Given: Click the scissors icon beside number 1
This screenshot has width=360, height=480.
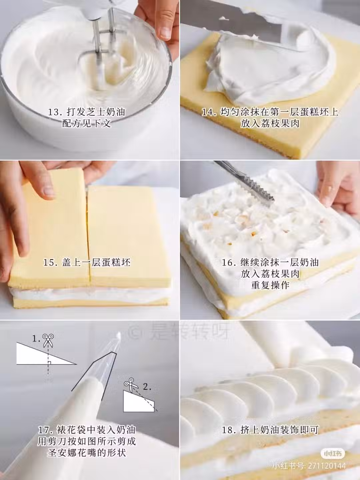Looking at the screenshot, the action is click(x=48, y=340).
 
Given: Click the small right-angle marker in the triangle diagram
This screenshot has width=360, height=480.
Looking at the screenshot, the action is click(x=49, y=363).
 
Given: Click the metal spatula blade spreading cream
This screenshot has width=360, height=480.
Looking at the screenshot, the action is click(x=236, y=22).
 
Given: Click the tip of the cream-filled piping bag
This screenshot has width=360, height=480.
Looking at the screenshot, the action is click(x=119, y=334).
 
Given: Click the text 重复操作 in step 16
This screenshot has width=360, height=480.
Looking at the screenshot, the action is click(x=270, y=285).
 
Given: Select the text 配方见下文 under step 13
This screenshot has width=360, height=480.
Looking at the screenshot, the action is click(x=87, y=124).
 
